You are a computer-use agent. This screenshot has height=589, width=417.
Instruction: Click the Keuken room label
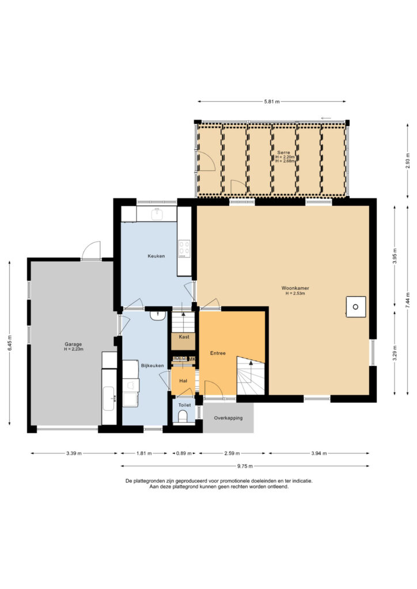(156, 256)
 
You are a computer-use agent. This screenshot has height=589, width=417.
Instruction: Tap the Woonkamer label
(295, 288)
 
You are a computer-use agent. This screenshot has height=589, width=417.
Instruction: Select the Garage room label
(73, 344)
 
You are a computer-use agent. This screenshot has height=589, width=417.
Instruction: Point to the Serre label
(283, 152)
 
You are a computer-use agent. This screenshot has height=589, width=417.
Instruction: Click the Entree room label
(218, 353)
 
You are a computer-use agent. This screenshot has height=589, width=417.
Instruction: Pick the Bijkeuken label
(152, 365)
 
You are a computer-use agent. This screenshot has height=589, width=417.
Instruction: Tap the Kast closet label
(184, 337)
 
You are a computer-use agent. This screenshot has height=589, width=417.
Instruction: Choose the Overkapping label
(228, 418)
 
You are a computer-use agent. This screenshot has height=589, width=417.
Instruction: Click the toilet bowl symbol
(183, 416)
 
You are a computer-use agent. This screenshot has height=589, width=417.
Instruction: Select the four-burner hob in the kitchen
(184, 248)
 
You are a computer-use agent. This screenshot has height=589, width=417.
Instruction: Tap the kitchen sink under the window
(157, 214)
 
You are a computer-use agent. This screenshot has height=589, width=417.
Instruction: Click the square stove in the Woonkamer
(356, 307)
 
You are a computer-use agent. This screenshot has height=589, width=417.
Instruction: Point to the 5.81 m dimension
(272, 101)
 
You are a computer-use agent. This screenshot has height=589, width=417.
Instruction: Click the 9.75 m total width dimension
(245, 466)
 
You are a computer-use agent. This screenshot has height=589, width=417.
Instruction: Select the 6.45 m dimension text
(10, 343)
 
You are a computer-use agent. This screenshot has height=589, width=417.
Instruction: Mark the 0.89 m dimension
(184, 453)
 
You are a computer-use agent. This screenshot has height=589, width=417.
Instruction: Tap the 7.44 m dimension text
(408, 300)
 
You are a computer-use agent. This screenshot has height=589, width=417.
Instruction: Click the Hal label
(183, 381)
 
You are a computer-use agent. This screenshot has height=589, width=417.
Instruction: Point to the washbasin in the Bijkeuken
(158, 315)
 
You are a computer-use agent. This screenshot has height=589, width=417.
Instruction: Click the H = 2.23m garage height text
(73, 349)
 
